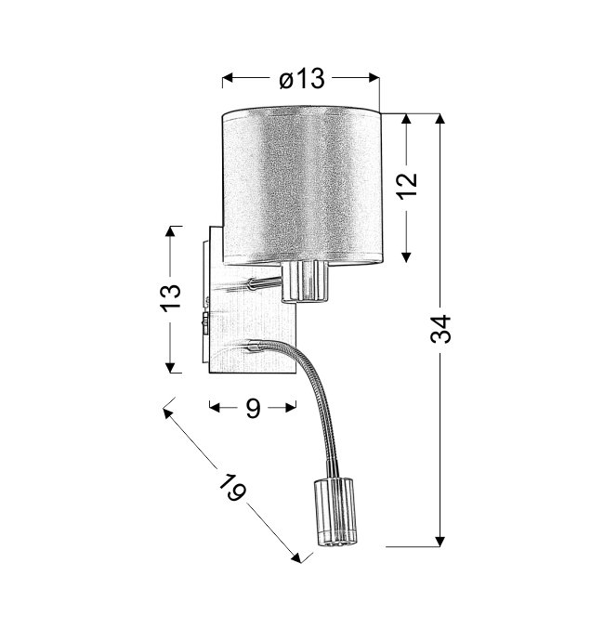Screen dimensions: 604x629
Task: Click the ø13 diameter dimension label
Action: [301, 78]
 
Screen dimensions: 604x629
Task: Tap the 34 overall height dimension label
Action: [440, 329]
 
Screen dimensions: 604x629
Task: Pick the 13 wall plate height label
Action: [171, 298]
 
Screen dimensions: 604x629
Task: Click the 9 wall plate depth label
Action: [254, 409]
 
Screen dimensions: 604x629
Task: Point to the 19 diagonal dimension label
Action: [232, 487]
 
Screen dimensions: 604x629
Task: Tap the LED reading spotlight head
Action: [335, 512]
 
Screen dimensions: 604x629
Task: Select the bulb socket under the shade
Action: [305, 281]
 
